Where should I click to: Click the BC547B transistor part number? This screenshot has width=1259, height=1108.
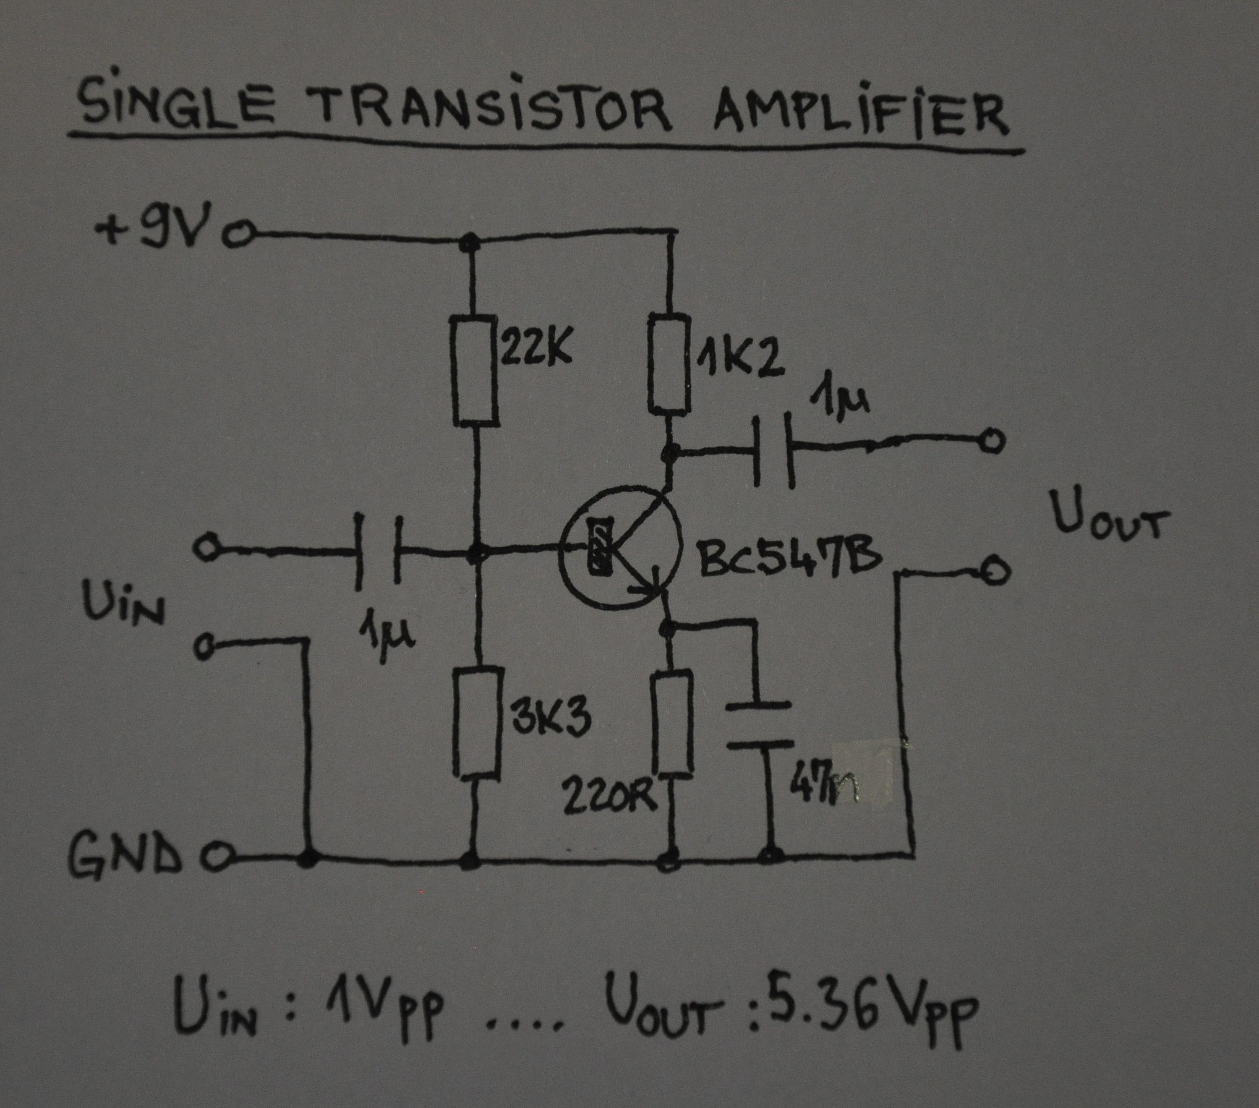point(792,560)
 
